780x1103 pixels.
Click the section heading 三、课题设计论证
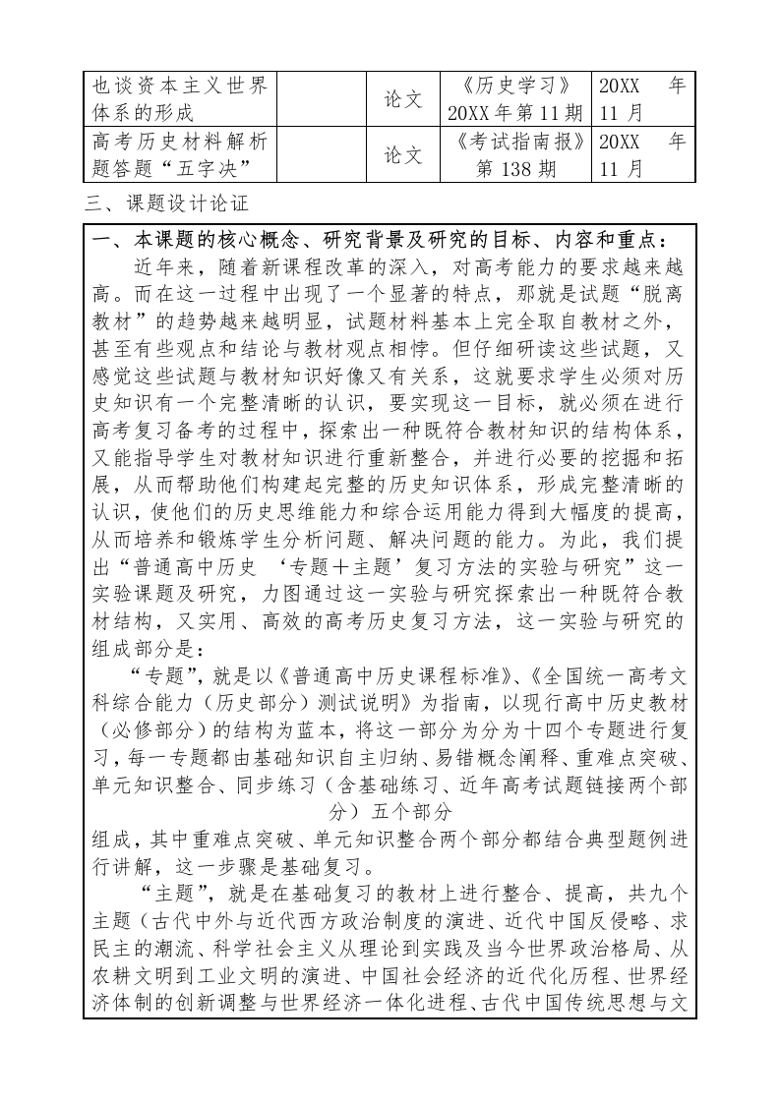[x=167, y=205]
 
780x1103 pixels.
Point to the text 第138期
[x=515, y=169]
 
